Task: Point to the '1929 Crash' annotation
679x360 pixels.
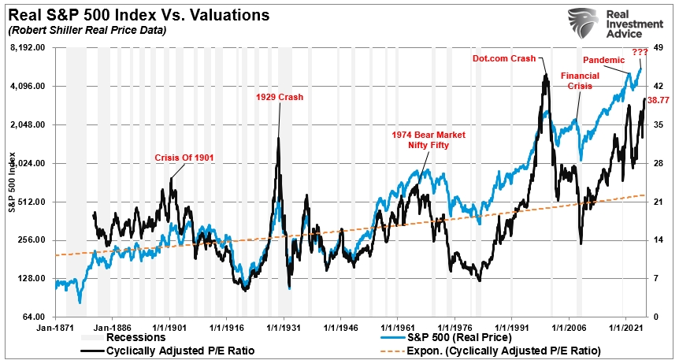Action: (279, 98)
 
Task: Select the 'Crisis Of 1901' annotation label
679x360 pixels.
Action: (184, 158)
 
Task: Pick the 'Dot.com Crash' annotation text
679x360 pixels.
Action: (503, 58)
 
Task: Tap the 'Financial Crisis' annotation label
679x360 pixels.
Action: (579, 80)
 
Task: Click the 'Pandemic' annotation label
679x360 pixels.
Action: (603, 61)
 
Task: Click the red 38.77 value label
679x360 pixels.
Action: (658, 100)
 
